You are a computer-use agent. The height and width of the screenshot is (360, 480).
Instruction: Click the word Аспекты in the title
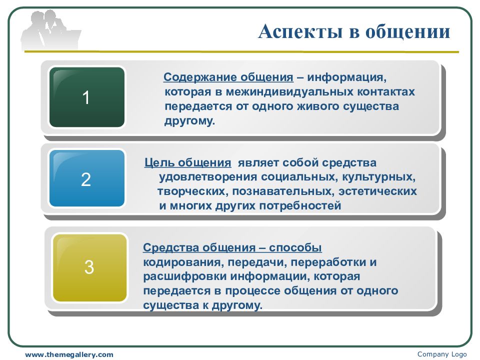(300, 32)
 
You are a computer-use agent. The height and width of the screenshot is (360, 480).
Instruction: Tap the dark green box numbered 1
(87, 97)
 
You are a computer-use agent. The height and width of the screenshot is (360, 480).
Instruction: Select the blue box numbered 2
(87, 178)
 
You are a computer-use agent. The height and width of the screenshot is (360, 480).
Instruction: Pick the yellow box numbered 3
(89, 267)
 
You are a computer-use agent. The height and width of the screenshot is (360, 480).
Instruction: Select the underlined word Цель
(158, 162)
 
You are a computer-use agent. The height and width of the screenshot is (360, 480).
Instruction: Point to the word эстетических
(377, 191)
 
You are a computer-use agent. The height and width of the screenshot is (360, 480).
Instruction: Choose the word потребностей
(300, 205)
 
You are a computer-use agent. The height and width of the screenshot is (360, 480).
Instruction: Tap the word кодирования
(183, 262)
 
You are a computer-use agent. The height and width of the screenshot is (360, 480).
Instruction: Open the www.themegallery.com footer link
(69, 355)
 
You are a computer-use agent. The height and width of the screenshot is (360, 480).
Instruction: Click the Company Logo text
(442, 354)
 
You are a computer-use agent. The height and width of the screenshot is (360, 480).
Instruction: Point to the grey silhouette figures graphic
(51, 30)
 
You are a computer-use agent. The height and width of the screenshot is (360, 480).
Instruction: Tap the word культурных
(378, 177)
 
